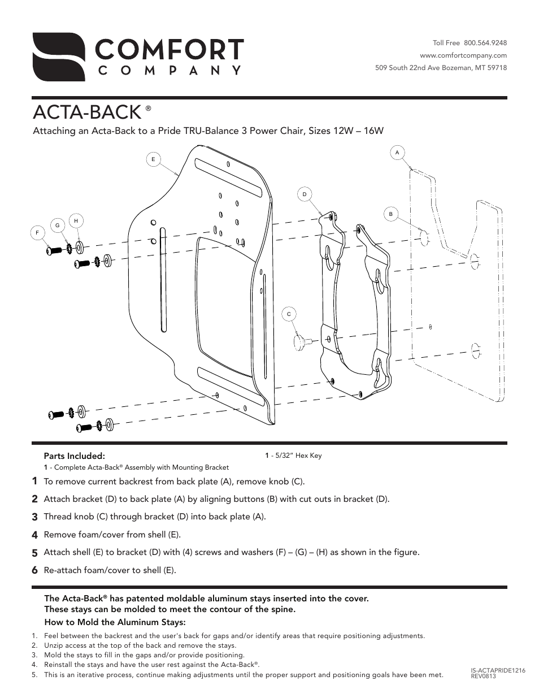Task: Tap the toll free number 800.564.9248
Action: click(x=485, y=43)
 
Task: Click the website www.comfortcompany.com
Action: click(x=463, y=55)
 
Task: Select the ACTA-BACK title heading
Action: click(x=86, y=112)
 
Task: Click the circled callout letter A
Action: click(x=397, y=152)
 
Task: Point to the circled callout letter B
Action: click(x=390, y=214)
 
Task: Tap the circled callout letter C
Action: click(x=289, y=314)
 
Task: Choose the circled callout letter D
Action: click(x=305, y=194)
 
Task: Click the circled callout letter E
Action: click(x=153, y=159)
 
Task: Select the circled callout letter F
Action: click(x=37, y=232)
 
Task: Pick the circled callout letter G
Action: click(x=57, y=226)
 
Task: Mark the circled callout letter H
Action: click(x=76, y=220)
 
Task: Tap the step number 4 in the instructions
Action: click(x=35, y=535)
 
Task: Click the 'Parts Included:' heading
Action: click(x=75, y=456)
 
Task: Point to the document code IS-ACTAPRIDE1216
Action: click(x=498, y=670)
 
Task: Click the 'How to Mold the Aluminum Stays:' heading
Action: click(x=115, y=622)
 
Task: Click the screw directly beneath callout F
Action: click(x=52, y=248)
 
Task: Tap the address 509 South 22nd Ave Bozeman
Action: click(x=441, y=68)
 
